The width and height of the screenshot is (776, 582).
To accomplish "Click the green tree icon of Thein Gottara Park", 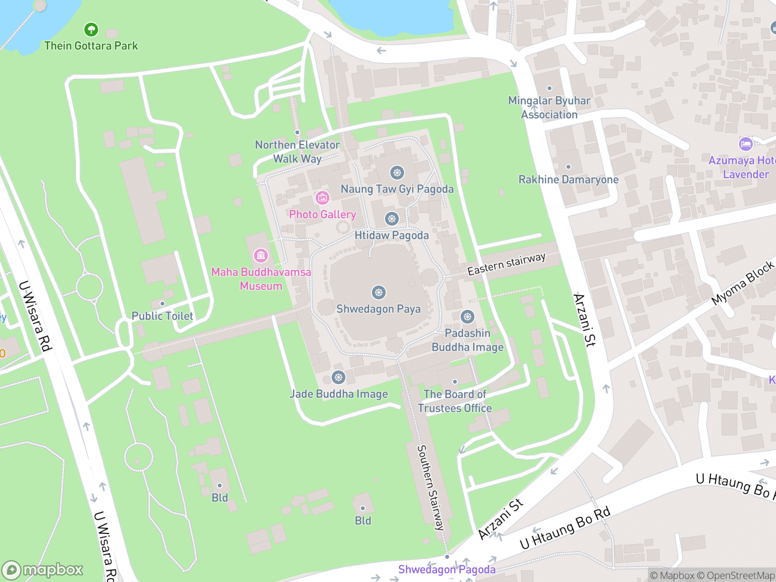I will point(91,30).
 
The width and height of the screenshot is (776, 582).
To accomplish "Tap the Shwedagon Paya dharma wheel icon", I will point(378,292).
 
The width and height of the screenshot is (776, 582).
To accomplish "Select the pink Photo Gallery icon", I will point(322,198).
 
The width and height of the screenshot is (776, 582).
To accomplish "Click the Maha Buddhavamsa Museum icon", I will point(261,255).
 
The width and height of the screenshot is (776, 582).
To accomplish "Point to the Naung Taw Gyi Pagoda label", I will point(397,189).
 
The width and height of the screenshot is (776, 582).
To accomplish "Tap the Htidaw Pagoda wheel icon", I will point(392,219).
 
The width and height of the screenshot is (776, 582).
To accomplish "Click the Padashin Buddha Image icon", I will point(468,317).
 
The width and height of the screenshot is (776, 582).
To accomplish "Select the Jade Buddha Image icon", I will point(339,377).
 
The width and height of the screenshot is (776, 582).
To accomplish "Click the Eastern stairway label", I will point(506,264).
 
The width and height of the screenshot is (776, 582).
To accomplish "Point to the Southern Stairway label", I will point(431,487).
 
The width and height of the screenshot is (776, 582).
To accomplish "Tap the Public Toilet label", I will point(162,316).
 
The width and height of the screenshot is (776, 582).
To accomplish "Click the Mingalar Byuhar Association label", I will point(549,108).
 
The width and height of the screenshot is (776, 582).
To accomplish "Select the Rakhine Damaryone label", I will point(568,180).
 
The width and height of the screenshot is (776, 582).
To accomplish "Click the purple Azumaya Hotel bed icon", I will point(745,144).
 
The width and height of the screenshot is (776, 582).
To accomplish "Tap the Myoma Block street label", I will point(743,283).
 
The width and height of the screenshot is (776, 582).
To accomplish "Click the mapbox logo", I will point(43,570).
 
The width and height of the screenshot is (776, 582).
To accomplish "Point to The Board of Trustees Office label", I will point(454,401).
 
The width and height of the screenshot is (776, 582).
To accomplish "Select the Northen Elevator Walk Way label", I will point(297,152).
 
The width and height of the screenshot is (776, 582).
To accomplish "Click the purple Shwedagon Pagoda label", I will point(447,570).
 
